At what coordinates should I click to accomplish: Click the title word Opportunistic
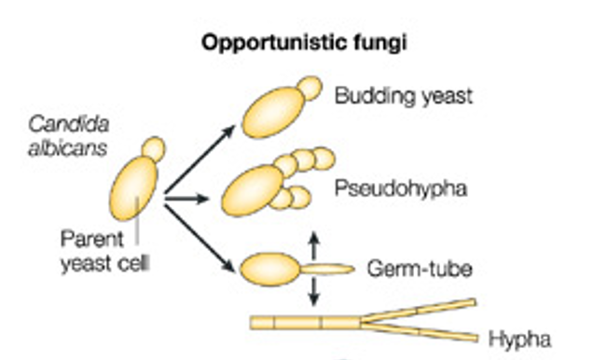tap(274, 43)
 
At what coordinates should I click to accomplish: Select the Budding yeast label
tap(404, 95)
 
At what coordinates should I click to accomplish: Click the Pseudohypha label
tap(401, 189)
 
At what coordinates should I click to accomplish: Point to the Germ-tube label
tap(420, 269)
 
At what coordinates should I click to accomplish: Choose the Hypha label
tap(519, 339)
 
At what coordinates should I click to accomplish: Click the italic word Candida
tap(69, 125)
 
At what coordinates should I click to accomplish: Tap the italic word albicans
tap(67, 147)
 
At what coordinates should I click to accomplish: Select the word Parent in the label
tap(92, 239)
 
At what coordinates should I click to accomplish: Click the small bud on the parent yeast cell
tap(154, 148)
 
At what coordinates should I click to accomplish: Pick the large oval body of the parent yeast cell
tap(133, 188)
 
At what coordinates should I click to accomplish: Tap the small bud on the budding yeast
tap(311, 89)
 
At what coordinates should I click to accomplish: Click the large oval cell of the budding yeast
tap(273, 113)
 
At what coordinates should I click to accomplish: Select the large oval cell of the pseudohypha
tap(253, 191)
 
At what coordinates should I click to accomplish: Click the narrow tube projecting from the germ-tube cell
tap(327, 269)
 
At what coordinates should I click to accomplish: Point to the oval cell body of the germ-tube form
tap(269, 270)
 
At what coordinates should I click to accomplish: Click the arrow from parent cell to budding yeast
tap(200, 159)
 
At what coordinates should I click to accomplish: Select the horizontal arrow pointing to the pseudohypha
tap(187, 199)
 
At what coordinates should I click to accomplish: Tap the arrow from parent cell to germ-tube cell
tap(200, 238)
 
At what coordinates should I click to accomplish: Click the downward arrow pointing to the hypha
tap(314, 292)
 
